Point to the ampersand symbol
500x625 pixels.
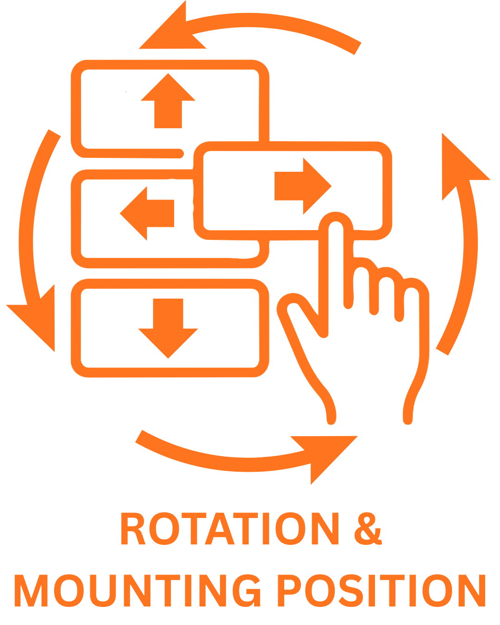pyautogui.click(x=368, y=529)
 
